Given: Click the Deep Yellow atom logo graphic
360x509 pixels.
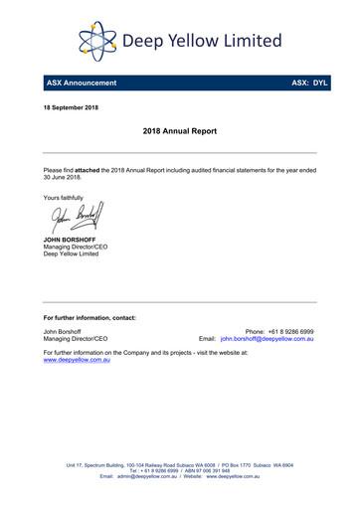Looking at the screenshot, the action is (97, 41).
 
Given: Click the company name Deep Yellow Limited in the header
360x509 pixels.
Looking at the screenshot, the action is (201, 41).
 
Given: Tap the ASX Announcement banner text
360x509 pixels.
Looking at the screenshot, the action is (83, 83).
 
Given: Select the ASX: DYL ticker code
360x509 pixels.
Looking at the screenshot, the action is (308, 83).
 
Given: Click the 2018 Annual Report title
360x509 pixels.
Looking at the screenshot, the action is (179, 130).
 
